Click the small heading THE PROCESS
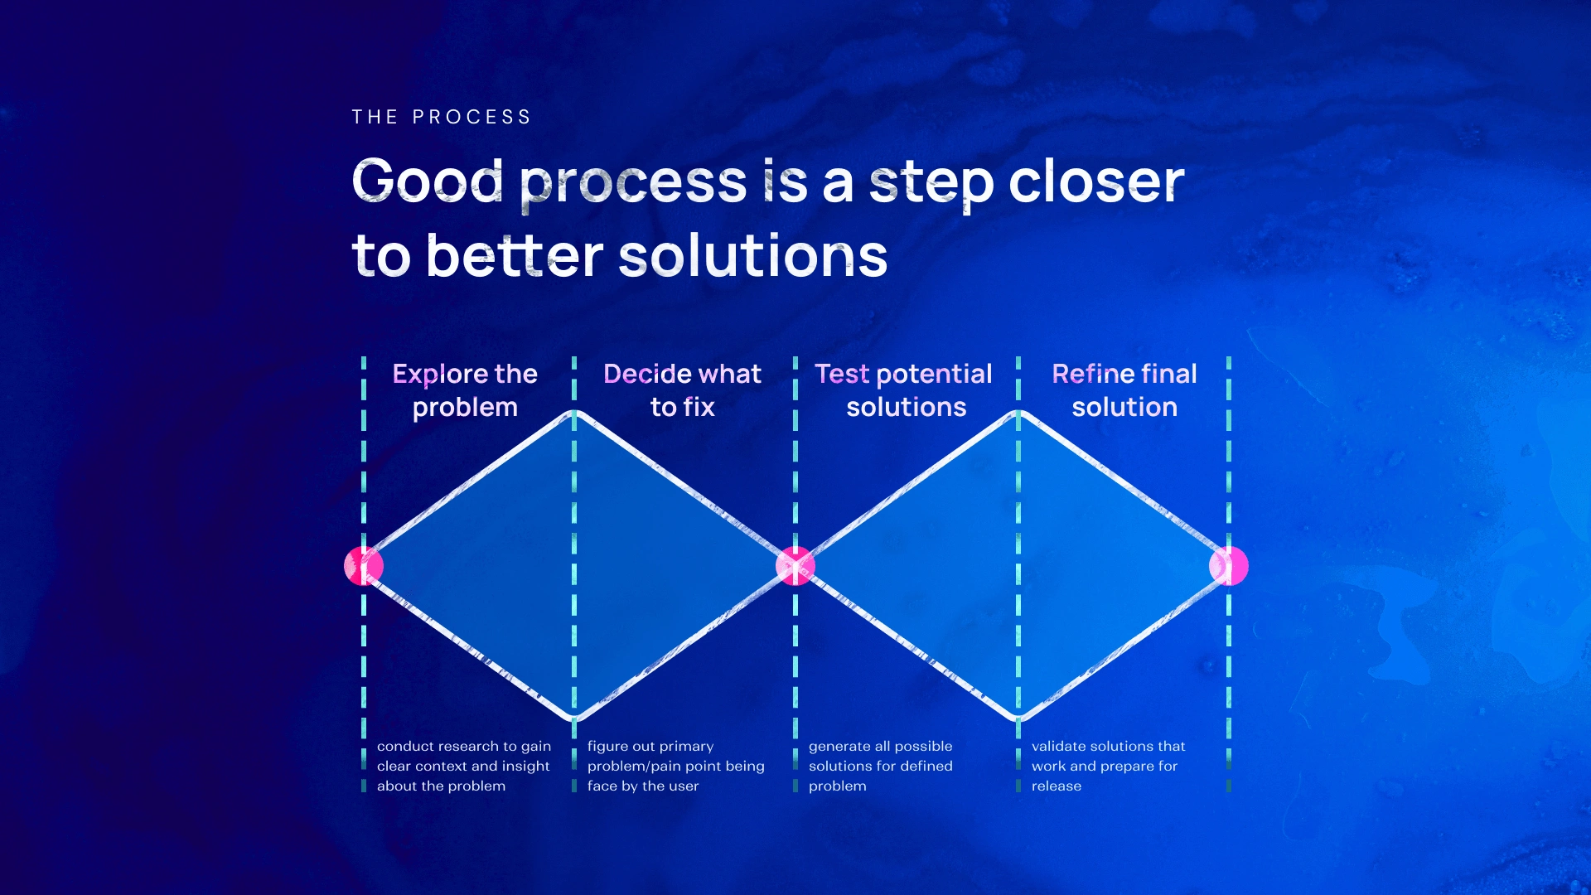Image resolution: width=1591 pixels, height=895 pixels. pos(441,117)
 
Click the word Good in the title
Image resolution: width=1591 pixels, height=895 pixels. pos(428,180)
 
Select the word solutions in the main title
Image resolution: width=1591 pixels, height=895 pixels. pos(753,254)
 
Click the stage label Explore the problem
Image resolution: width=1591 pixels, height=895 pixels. pos(465,390)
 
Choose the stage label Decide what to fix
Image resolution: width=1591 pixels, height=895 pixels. pos(682,390)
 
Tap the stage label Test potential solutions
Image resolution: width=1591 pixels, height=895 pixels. pos(903,390)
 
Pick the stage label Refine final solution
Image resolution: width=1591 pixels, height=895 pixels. pos(1124,390)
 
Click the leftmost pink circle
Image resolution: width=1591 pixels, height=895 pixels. pos(364,566)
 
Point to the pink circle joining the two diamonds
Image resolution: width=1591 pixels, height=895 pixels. pos(795,566)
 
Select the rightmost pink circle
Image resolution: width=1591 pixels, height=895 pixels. pos(1229,566)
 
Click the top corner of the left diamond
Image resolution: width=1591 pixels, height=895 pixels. pos(574,413)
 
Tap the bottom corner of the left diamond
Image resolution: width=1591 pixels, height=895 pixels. pos(574,718)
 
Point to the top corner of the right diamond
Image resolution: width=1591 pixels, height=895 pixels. pos(1018,413)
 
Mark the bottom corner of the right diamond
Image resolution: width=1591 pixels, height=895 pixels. pos(1018,718)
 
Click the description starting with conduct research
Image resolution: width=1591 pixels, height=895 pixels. pos(464,766)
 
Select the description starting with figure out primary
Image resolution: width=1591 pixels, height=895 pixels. pos(676,766)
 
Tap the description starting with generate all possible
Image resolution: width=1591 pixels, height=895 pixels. pos(881,766)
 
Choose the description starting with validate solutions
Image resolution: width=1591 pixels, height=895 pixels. pos(1109,766)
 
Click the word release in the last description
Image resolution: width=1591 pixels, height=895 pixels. pos(1057,786)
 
